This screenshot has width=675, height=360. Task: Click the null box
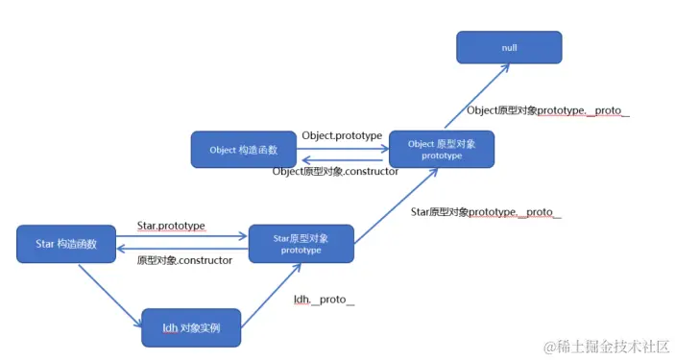(x=508, y=47)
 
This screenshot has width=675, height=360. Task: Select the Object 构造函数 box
(x=243, y=149)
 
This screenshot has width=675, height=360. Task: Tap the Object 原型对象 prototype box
(x=441, y=150)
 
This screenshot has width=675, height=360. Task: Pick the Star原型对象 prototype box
(x=301, y=244)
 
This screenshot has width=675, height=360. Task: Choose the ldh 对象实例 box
(x=191, y=327)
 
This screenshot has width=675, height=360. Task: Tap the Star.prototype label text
(x=171, y=227)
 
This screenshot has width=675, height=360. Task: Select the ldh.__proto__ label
(x=324, y=300)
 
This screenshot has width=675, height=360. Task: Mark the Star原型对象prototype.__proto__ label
(x=485, y=211)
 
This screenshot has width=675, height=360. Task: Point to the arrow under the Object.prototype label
(x=341, y=149)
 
